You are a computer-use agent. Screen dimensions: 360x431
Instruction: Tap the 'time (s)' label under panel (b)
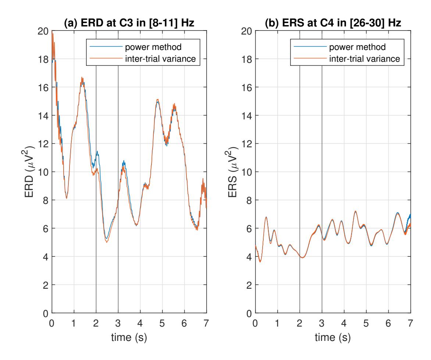333,337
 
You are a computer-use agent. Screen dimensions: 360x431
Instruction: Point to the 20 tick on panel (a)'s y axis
43,31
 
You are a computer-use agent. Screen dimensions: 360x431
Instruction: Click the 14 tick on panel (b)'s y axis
247,115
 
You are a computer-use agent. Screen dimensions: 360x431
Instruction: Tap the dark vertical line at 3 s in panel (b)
322,184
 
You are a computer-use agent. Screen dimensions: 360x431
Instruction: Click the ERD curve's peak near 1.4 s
82,78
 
